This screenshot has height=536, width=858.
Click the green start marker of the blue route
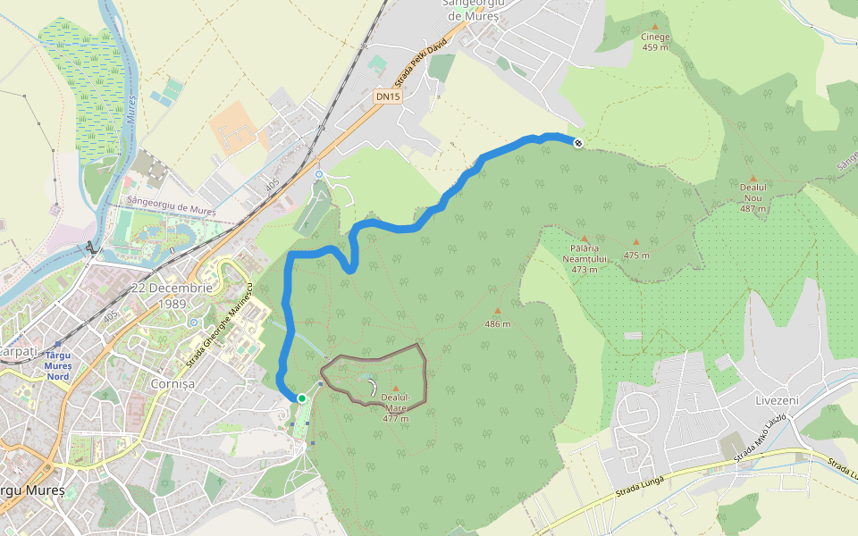click(302, 398)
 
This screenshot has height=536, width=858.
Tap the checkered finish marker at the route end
click(578, 143)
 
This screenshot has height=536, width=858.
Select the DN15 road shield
click(387, 96)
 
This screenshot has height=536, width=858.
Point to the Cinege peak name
click(655, 37)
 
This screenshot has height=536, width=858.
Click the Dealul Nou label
click(753, 197)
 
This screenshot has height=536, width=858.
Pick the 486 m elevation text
click(497, 323)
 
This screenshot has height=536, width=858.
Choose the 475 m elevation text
click(636, 255)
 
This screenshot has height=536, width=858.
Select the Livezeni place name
click(774, 399)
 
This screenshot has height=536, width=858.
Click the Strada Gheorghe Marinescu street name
click(220, 325)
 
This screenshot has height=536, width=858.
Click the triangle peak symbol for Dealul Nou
click(753, 179)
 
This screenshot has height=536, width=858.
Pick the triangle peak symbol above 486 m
click(497, 311)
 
